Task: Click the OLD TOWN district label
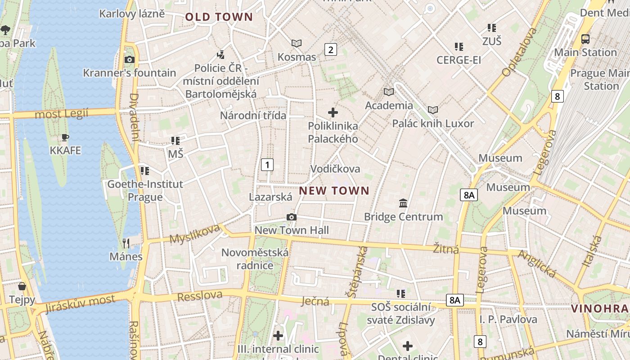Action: point(219,17)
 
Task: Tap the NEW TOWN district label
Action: point(334,191)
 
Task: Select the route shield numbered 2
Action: point(331,49)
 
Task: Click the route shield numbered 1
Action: point(267,165)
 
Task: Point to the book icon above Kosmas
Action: point(297,43)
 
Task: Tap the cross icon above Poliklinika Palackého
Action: point(333,112)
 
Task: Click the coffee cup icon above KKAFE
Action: point(65,137)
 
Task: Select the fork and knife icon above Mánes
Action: point(126,243)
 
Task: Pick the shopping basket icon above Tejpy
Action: point(22,286)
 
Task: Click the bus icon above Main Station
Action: point(585,39)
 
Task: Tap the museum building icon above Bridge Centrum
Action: point(403,203)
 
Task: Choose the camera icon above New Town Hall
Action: point(292,217)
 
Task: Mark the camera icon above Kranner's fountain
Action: point(130,59)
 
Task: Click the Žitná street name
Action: point(446,248)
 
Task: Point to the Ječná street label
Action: point(315,301)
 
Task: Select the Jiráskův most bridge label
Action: point(80,304)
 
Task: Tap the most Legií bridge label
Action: point(62,113)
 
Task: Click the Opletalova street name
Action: point(519,52)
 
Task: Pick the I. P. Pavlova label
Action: point(508,319)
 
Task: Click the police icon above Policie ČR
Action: point(220,55)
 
